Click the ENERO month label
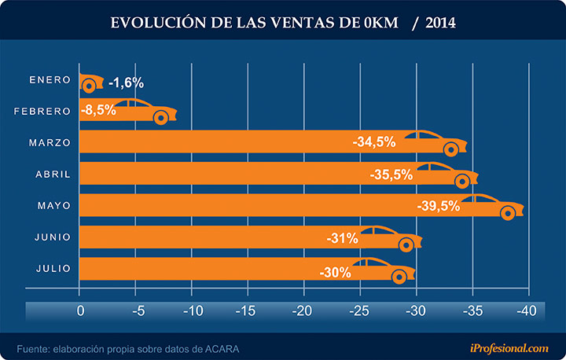click(x=50, y=80)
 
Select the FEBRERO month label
click(x=42, y=112)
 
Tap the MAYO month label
click(x=54, y=206)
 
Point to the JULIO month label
click(x=53, y=269)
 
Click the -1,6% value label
click(x=126, y=83)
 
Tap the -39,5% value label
click(x=439, y=206)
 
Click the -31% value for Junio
click(x=342, y=237)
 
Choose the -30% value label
click(x=336, y=271)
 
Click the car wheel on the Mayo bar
click(x=508, y=213)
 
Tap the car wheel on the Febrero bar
click(x=160, y=118)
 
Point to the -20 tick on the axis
click(x=303, y=310)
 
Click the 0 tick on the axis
click(x=80, y=310)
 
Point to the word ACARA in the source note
click(x=222, y=347)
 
